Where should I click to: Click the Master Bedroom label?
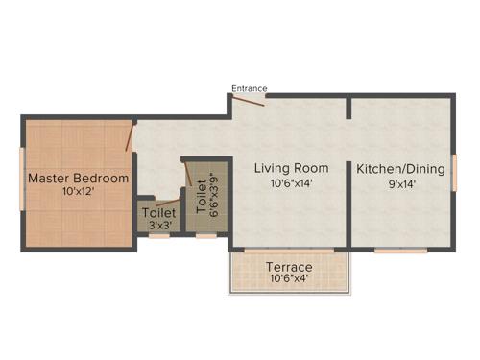78,178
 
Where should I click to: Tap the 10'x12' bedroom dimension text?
78,191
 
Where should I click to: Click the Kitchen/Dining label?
400,170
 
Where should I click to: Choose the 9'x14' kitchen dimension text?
400,184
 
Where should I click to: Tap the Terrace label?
289,266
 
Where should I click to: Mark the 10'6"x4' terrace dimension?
289,279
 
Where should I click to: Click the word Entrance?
249,88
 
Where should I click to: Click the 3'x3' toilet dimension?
158,226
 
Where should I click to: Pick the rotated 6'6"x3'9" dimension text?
215,197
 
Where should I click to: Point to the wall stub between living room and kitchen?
349,106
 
